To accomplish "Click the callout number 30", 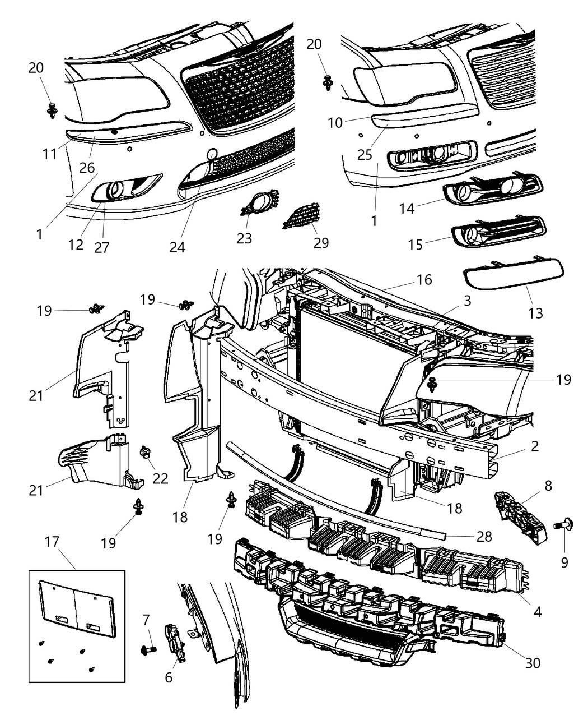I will point(533,662).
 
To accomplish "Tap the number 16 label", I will point(424,279).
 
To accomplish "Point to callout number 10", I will point(335,122).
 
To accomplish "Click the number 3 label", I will point(467,301).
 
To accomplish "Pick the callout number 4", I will point(538,611).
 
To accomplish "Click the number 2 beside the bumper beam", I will point(535,446).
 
